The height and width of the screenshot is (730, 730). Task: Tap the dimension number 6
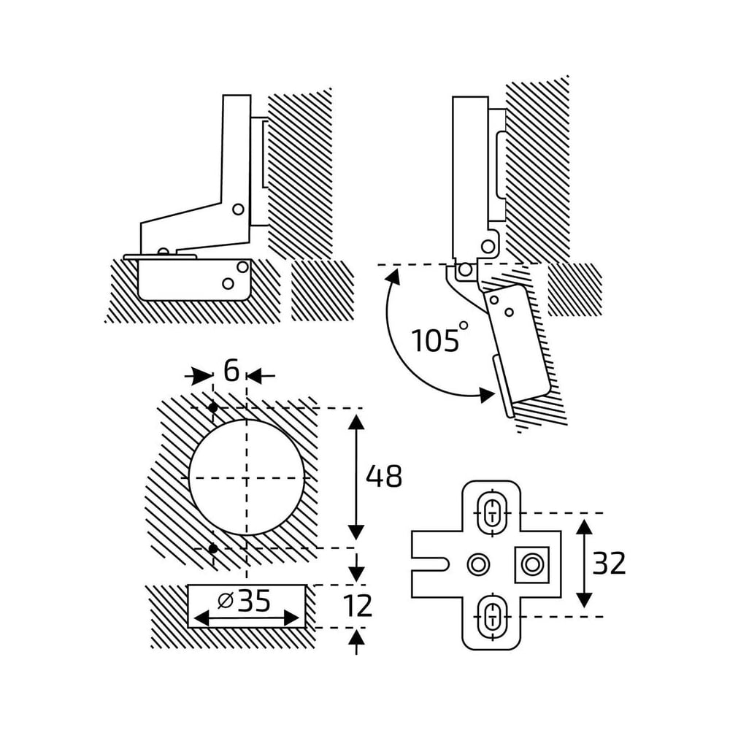point(231,371)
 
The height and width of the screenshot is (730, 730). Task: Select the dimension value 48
point(384,476)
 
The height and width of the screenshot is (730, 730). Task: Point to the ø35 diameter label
point(244,601)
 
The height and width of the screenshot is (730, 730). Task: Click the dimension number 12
point(358,606)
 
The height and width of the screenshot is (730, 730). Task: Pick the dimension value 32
point(609,564)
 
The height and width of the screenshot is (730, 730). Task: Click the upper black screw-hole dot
point(213,408)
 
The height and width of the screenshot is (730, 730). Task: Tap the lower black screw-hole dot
point(213,549)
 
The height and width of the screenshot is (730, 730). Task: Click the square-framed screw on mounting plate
point(531,565)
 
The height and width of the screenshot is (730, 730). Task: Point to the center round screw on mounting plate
point(477,565)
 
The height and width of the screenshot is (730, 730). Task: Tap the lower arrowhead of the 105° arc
point(486,395)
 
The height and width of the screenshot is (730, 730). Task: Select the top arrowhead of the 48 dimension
point(356,423)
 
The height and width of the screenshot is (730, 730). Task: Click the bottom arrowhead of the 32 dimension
point(584,599)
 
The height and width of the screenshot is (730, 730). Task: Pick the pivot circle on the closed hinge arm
point(238,210)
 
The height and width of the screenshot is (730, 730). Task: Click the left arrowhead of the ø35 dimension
point(201,619)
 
